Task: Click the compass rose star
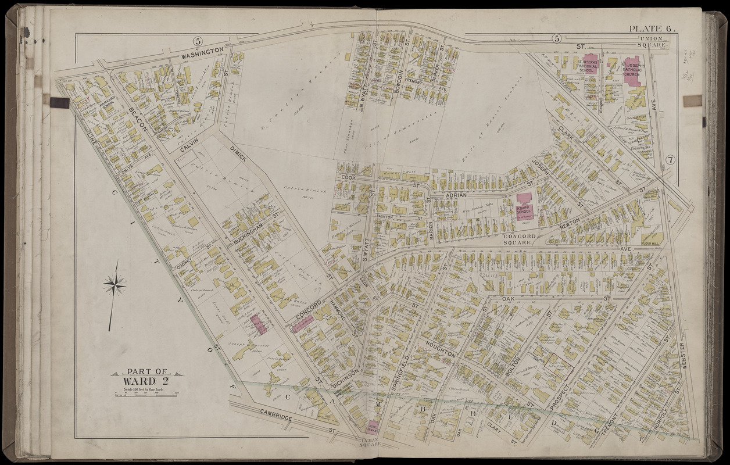[115, 285]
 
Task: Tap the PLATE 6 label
[650, 29]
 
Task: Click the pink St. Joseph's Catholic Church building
[632, 71]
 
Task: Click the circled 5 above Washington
[198, 41]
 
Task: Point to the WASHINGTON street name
[202, 52]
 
